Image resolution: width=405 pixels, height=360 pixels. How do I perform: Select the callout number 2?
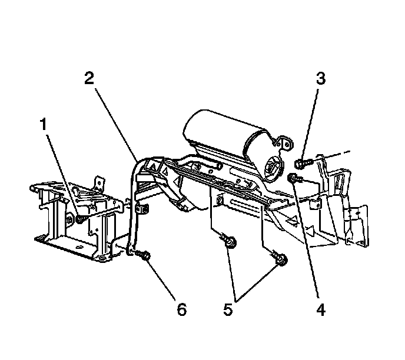pos(88,79)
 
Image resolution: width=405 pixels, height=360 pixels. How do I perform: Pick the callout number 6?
pos(181,308)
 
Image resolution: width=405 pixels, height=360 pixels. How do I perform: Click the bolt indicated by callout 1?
pos(79,219)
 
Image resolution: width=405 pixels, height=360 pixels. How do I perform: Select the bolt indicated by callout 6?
pos(145,255)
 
